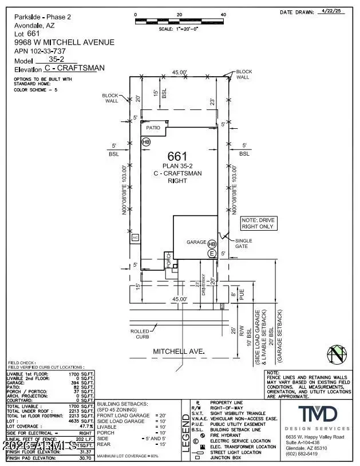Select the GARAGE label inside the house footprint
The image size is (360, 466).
(195, 242)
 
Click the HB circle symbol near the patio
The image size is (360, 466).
(146, 141)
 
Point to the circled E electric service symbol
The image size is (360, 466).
(212, 252)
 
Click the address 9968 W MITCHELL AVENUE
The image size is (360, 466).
(64, 42)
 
